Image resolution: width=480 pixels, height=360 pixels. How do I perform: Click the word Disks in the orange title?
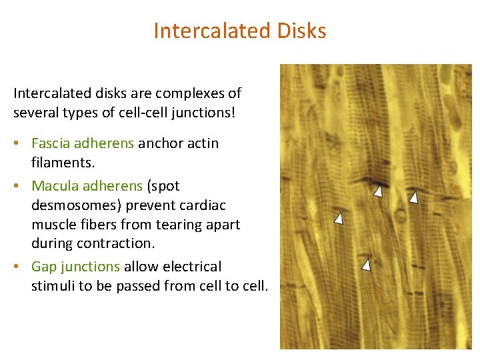(x=297, y=31)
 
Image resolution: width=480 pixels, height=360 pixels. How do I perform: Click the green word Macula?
(x=53, y=185)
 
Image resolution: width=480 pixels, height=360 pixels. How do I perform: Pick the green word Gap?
(x=44, y=267)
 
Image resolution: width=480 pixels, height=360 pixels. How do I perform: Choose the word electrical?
(x=189, y=267)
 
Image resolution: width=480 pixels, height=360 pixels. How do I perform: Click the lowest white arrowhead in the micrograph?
(x=366, y=265)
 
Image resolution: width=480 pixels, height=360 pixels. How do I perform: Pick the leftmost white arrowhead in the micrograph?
(x=339, y=218)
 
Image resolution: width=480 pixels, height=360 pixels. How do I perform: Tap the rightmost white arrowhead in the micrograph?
(x=413, y=197)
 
